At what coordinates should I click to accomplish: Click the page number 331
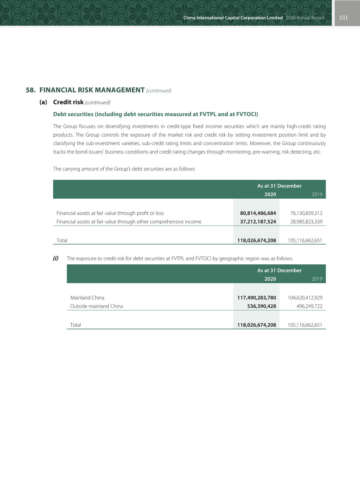pos(343,18)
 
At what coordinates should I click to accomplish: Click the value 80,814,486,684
pos(258,213)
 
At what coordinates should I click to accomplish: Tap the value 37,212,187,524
pos(258,222)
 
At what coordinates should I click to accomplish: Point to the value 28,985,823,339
pos(306,222)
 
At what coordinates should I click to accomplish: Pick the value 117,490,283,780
pos(257,298)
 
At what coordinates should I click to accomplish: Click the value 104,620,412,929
pos(305,298)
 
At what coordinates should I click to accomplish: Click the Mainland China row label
pos(87,298)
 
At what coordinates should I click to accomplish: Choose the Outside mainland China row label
pos(97,306)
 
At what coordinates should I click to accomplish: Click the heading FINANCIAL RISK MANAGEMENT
pos(92,90)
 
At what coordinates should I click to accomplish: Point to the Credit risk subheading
pos(68,102)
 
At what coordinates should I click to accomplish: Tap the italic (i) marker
pos(56,258)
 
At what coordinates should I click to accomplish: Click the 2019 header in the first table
pos(317,194)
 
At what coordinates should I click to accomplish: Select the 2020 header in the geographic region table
pos(270,279)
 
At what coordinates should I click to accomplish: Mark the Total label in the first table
pos(62,240)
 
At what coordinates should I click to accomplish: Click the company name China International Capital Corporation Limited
pos(233,18)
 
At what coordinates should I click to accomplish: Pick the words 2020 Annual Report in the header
pos(305,18)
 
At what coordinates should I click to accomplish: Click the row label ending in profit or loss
pos(110,213)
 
